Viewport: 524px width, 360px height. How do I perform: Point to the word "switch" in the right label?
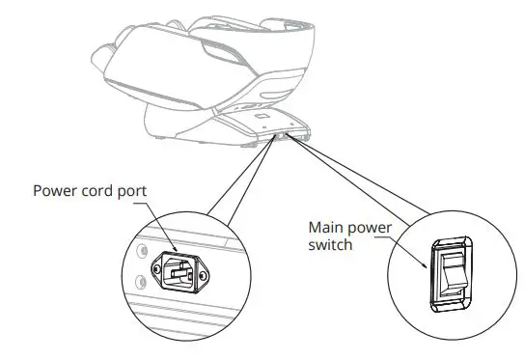(x=331, y=244)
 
